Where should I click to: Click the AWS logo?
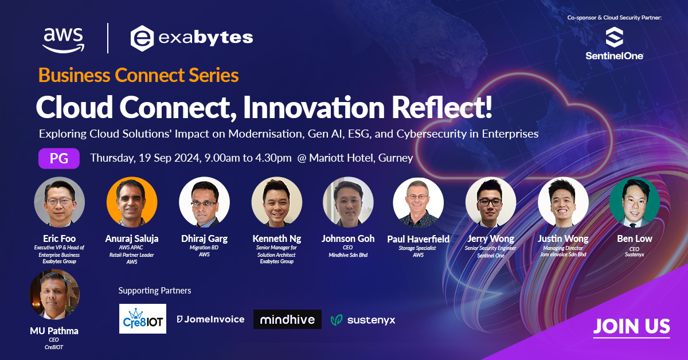pos(63,40)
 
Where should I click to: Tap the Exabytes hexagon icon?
pos(142,38)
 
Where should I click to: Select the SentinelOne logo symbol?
pos(614,37)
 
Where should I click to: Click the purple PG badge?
pos(59,158)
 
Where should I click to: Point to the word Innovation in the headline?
pos(314,107)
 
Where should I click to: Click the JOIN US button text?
pos(631,326)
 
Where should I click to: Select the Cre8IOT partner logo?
pos(143,319)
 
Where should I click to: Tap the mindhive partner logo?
pos(287,319)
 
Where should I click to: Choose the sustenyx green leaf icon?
pos(337,320)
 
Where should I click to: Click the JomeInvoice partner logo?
pos(211,319)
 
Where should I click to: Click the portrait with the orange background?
pos(132,202)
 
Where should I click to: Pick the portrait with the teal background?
pos(635,202)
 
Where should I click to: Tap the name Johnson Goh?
pos(348,238)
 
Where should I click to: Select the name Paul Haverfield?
pos(419,239)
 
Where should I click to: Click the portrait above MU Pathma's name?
pos(54,294)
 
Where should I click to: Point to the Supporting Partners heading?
pos(155,291)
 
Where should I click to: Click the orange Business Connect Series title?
pos(139,75)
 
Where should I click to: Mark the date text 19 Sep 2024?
pos(170,158)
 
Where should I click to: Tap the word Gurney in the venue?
pos(396,158)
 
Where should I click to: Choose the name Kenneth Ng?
pos(277,239)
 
